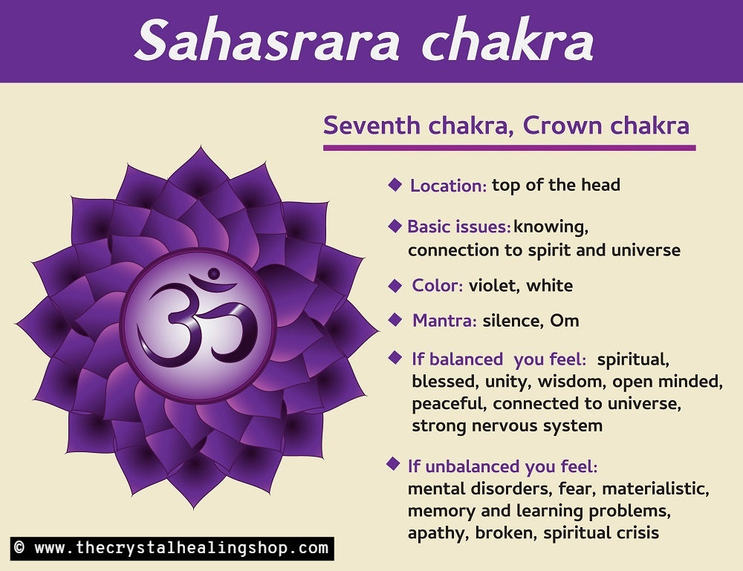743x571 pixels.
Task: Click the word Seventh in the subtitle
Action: click(x=372, y=125)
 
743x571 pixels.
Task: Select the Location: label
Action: click(x=448, y=186)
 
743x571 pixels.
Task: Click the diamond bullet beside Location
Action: click(x=395, y=185)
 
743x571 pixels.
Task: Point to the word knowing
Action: click(x=551, y=227)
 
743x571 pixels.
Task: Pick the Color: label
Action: click(x=438, y=285)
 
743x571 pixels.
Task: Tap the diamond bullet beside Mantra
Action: click(x=395, y=320)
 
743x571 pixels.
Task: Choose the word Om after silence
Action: click(x=565, y=321)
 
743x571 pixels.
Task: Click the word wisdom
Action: click(x=571, y=382)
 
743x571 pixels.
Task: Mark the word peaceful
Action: click(x=450, y=404)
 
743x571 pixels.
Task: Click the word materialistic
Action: click(x=655, y=489)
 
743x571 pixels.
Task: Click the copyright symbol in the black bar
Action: click(x=19, y=548)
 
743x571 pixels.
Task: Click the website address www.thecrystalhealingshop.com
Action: click(x=181, y=548)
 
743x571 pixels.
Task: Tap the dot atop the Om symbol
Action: click(x=214, y=274)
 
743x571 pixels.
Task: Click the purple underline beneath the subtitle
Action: click(x=510, y=149)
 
